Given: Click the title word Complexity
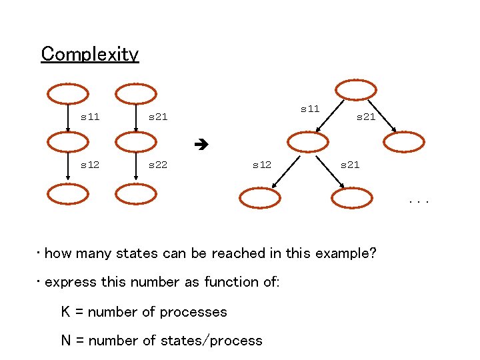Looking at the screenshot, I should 89,53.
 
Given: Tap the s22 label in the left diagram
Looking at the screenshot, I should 158,164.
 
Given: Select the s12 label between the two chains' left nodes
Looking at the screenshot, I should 90,164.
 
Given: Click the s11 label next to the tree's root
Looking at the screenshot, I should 310,108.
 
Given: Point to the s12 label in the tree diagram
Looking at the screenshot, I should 261,164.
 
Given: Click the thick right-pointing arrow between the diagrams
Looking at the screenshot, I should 199,143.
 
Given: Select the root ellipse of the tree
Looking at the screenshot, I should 355,91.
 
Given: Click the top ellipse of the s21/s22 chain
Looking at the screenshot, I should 135,94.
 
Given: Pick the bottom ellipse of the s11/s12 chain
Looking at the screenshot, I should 67,194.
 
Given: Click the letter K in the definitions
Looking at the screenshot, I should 65,311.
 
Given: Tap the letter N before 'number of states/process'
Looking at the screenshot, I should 66,341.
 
